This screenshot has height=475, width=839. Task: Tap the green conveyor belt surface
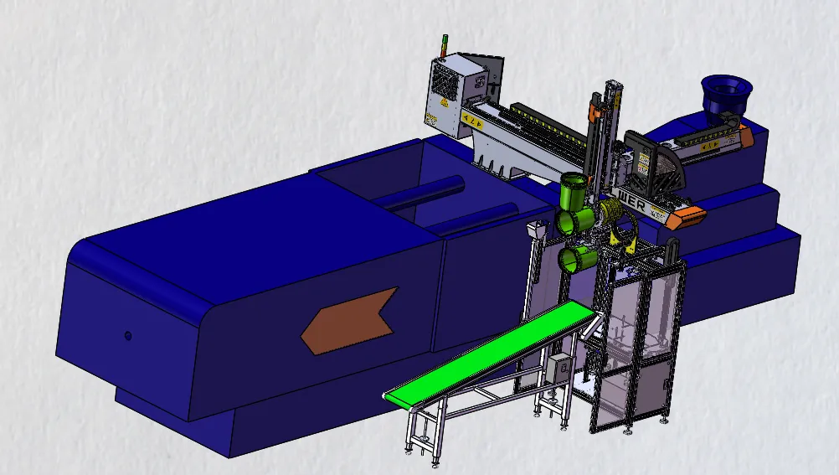coord(494,349)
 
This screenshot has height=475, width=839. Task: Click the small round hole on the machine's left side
coord(127,335)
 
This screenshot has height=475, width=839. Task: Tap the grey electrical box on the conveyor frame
coord(557,367)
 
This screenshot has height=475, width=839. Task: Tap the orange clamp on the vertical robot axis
coord(596,111)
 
